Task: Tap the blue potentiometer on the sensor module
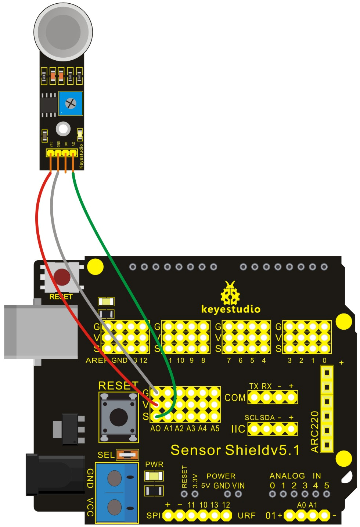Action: [71, 103]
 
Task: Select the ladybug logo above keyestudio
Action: [230, 293]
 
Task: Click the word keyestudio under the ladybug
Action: [231, 309]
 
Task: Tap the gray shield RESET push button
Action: [119, 417]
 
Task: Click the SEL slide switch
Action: [127, 455]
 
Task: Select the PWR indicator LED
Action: [154, 476]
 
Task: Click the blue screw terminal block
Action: [117, 492]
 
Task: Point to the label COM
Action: [235, 398]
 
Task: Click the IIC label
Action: [238, 429]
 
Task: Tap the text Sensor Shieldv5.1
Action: [235, 450]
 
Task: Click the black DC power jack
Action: [55, 474]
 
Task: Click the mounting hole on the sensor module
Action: [63, 129]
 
